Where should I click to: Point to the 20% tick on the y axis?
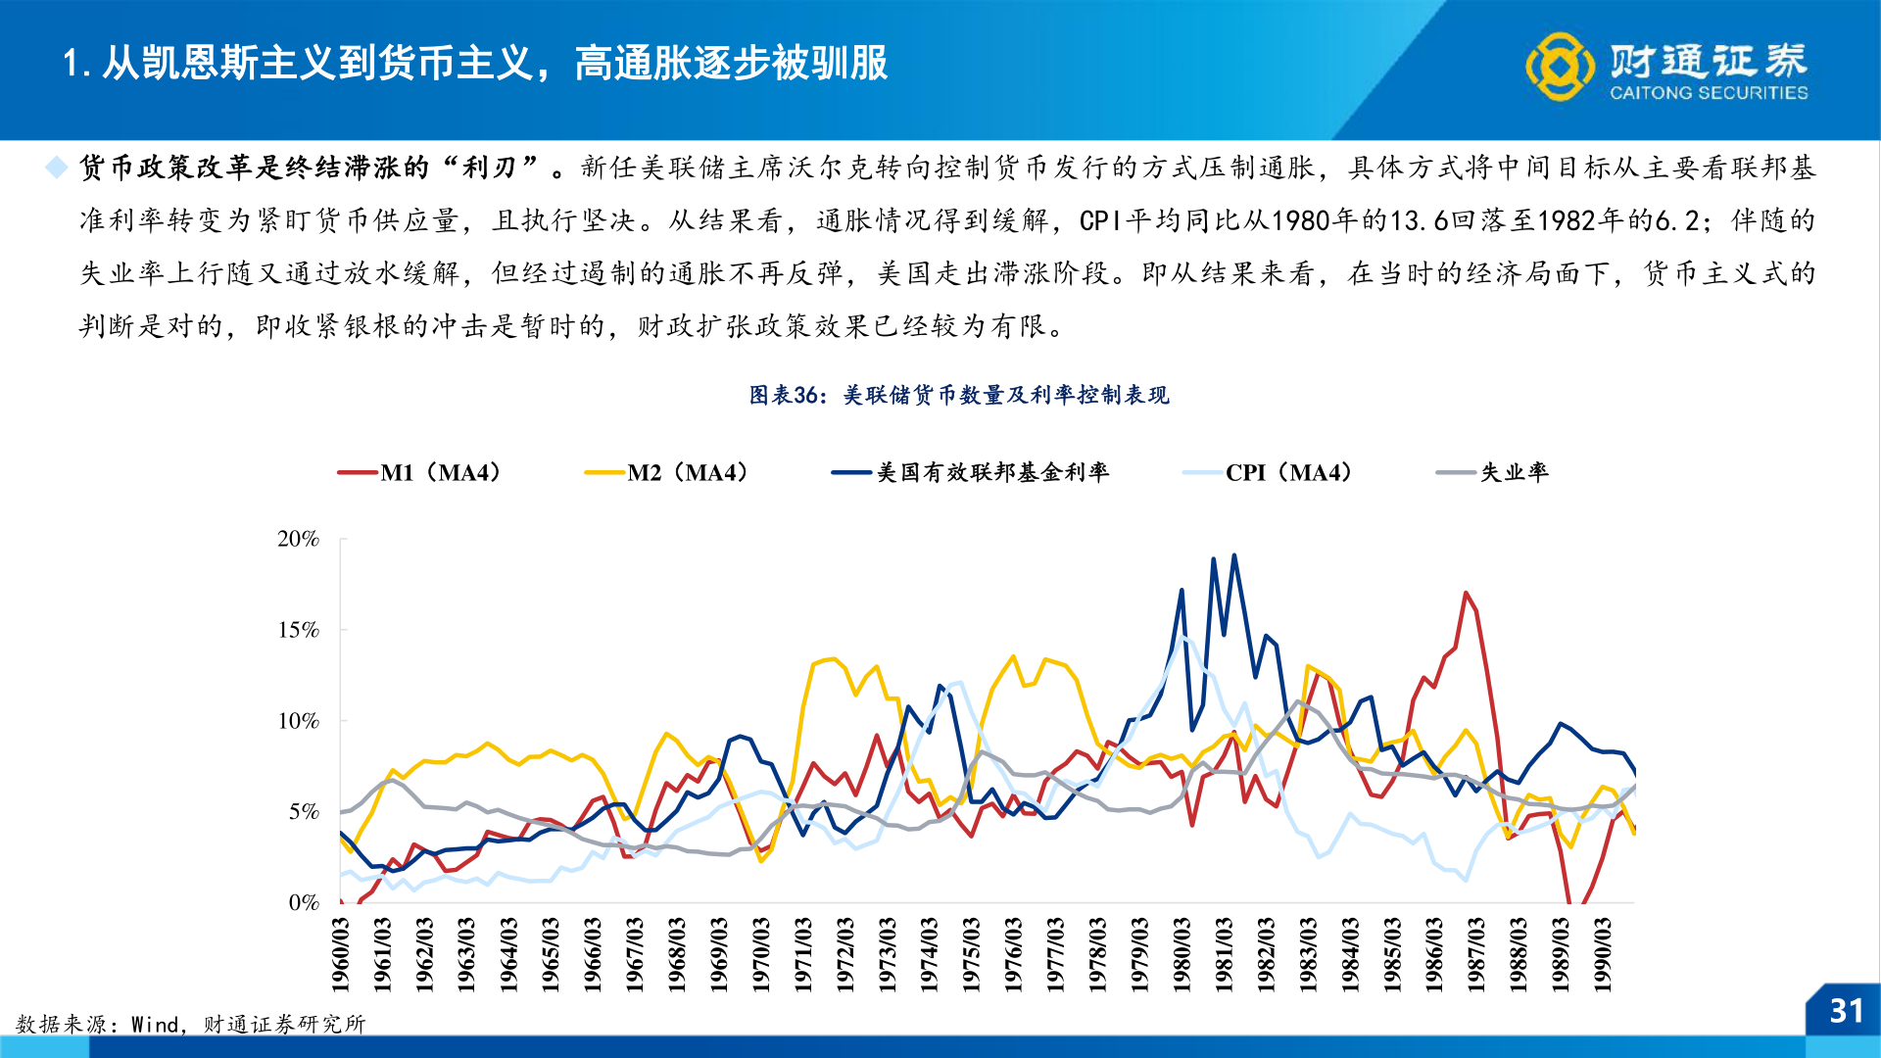point(298,539)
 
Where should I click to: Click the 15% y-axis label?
point(298,630)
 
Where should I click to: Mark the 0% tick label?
point(304,902)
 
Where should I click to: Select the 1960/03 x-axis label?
point(341,954)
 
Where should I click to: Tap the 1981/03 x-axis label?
point(1225,954)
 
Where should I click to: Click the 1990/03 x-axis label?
point(1603,954)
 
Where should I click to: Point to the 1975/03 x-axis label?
point(972,954)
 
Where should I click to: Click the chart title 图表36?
point(959,395)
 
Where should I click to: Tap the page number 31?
point(1846,1011)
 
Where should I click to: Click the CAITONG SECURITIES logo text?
point(1709,93)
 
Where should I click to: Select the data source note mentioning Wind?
point(191,1025)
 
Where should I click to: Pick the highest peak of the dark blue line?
point(1234,555)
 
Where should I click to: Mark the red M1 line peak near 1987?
point(1466,593)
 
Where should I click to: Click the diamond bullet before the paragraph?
point(57,168)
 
